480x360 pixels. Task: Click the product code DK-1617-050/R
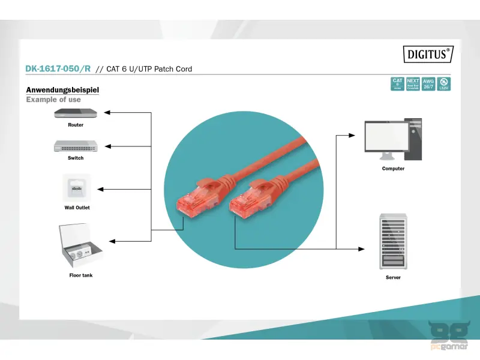58,69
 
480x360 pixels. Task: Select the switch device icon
76,146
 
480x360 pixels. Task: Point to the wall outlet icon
77,188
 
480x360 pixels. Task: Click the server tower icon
393,241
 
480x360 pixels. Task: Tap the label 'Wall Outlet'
77,208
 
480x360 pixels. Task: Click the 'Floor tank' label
80,275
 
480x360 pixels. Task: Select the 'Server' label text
393,278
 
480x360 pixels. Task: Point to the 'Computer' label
393,169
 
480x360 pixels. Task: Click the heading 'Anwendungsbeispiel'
62,90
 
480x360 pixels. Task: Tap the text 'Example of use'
53,100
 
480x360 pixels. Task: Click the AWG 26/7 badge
428,83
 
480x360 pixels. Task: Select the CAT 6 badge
397,83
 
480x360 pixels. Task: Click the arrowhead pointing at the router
107,113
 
